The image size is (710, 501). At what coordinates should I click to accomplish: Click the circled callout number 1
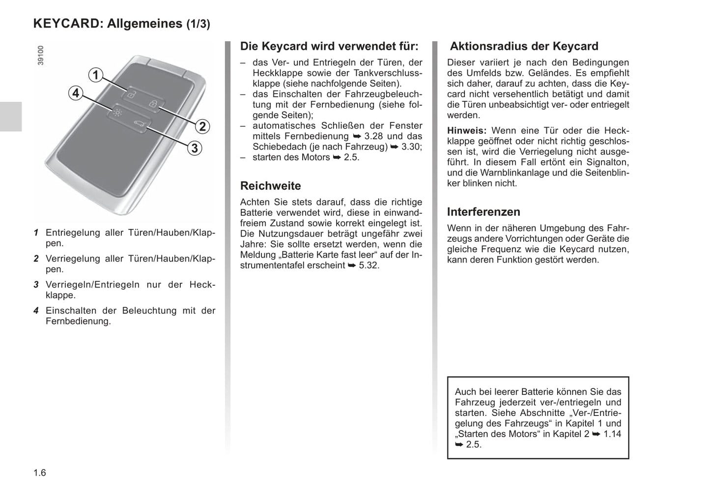point(96,75)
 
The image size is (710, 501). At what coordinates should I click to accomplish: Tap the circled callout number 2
point(202,126)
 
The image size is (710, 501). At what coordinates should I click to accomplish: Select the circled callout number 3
point(195,147)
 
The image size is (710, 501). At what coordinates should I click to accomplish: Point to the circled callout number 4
point(75,93)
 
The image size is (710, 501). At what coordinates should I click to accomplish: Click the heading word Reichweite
point(270,186)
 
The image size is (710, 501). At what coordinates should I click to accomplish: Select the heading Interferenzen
point(483,212)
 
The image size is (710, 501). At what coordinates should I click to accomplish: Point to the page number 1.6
point(40,473)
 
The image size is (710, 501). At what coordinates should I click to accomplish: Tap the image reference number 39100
point(41,56)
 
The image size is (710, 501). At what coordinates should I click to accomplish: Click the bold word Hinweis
point(466,131)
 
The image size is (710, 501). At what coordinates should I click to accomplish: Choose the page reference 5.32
point(369,265)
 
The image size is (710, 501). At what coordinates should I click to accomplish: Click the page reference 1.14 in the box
point(612,434)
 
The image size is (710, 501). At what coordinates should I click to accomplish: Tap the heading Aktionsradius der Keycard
point(524,46)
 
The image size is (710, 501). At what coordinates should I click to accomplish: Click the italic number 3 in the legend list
point(36,285)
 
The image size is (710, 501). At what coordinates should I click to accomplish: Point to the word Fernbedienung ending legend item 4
point(78,322)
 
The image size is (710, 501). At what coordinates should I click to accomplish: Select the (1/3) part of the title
point(198,24)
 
